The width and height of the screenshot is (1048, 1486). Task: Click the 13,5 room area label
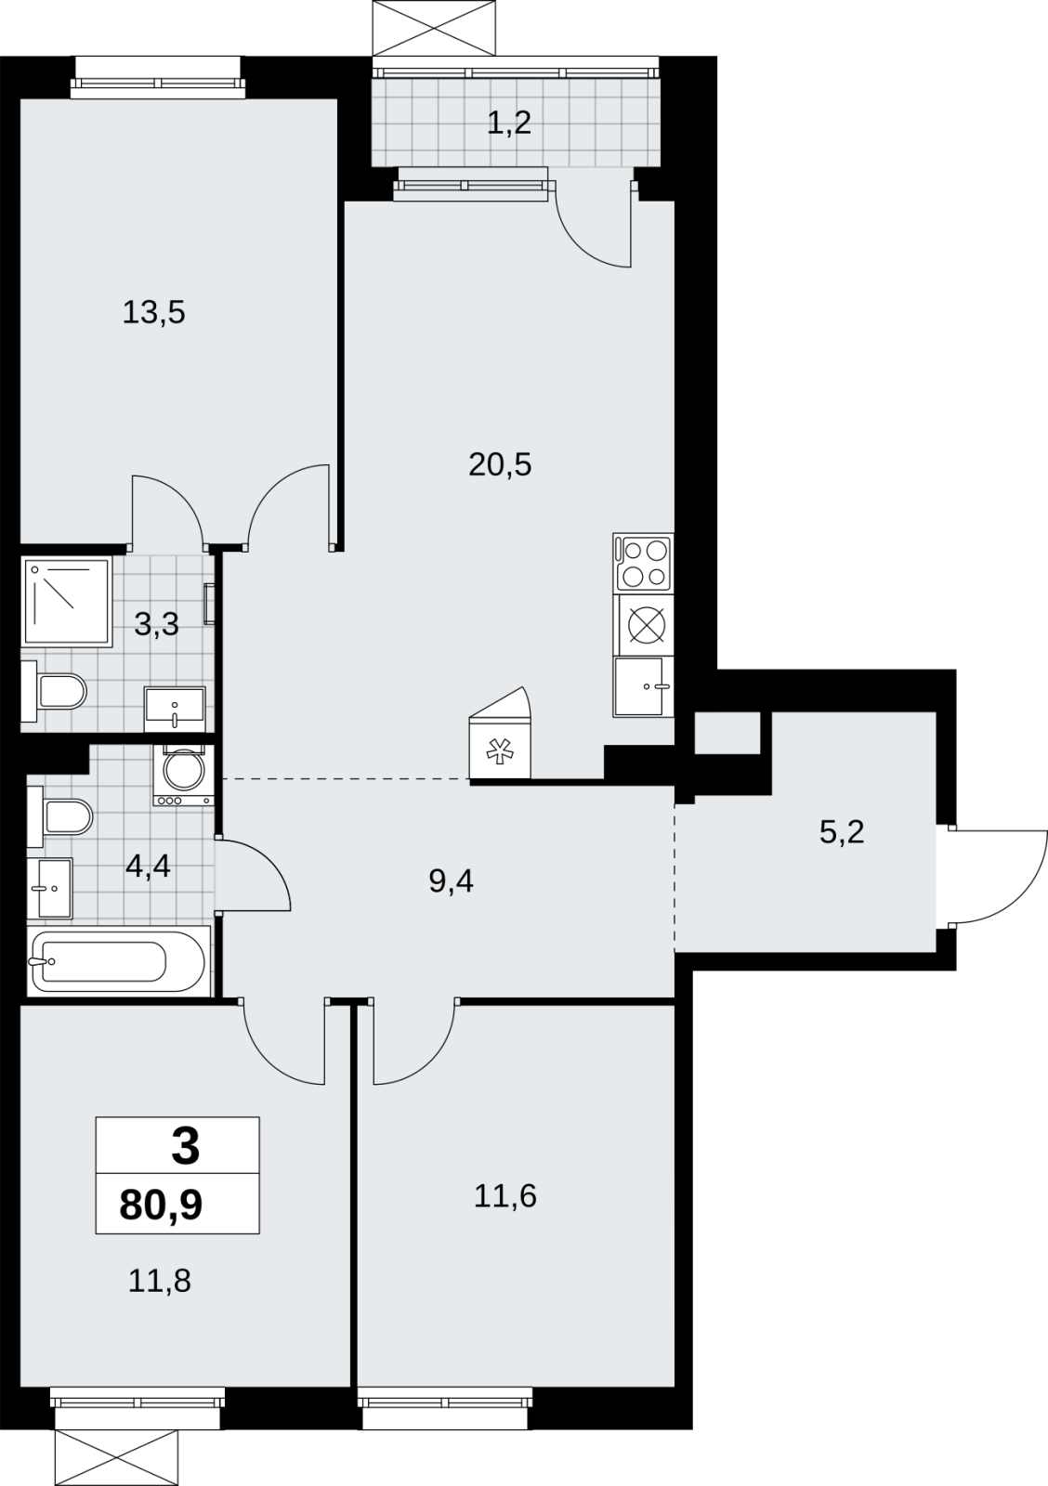click(x=153, y=312)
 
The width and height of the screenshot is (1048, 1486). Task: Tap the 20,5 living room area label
click(x=500, y=465)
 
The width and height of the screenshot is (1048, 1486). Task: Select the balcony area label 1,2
click(x=509, y=124)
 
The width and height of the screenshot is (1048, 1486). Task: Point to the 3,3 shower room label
click(x=157, y=624)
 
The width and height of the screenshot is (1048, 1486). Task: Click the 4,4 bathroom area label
click(x=149, y=866)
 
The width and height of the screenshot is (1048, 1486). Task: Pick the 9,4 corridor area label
click(x=452, y=881)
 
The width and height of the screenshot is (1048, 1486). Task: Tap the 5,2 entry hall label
click(x=843, y=832)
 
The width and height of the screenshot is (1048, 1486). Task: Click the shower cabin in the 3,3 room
click(x=66, y=602)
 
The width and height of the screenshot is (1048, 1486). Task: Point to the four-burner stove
click(x=643, y=563)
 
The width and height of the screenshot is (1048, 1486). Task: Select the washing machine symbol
click(x=184, y=775)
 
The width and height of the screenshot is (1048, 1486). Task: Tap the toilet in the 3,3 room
click(x=54, y=691)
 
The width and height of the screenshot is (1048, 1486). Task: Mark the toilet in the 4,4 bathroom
click(x=59, y=816)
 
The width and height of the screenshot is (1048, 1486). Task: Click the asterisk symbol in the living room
click(x=496, y=750)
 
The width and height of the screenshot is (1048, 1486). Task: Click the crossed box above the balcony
click(x=434, y=28)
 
